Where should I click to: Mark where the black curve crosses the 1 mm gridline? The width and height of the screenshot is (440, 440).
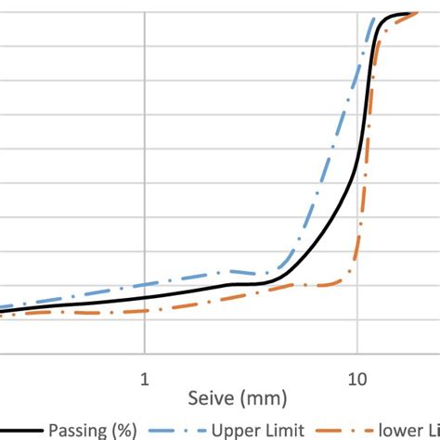(144, 298)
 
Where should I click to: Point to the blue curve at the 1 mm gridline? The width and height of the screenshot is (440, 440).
(144, 285)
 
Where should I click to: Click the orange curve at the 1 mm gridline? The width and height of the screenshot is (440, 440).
(144, 310)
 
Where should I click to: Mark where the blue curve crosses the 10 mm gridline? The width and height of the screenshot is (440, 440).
(356, 71)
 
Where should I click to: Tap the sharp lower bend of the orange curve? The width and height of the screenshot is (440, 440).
(352, 273)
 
